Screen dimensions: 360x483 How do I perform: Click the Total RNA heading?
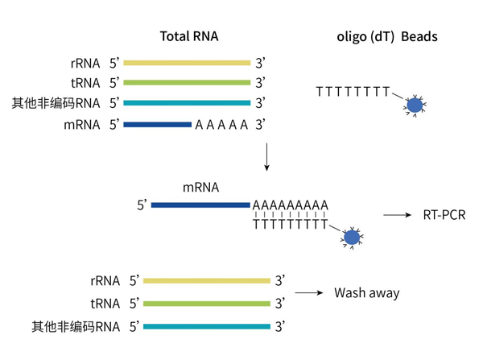coord(188,36)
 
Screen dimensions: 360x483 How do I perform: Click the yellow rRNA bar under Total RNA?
coord(187,62)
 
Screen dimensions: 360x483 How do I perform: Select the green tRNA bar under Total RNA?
coord(187,82)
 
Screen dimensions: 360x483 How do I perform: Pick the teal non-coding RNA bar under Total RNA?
coord(187,103)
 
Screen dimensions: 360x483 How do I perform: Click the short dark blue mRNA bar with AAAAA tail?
coord(157,124)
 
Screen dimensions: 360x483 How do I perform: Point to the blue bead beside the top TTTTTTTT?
coord(415,106)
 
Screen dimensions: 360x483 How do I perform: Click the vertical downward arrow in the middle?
coord(266,159)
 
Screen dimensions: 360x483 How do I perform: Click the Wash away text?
coord(366,293)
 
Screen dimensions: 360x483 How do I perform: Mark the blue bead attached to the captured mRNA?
coord(351,238)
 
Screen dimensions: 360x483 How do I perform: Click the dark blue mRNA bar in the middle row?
coord(200,205)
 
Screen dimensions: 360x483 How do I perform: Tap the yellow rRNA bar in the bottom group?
coord(207,281)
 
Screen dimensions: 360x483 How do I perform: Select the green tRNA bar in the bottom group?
coord(207,304)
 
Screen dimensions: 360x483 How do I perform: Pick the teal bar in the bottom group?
coord(207,326)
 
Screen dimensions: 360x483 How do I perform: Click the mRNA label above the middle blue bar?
coord(199,188)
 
